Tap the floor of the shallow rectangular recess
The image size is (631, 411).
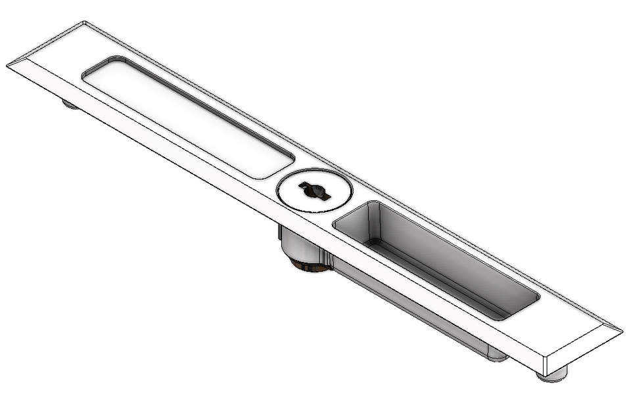coord(187,118)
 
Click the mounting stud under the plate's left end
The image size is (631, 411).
coord(70,103)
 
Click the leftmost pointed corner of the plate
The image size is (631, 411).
coord(8,65)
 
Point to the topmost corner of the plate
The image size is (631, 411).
coord(84,22)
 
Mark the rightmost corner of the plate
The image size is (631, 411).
coord(622,330)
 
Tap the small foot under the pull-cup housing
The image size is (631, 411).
coord(498,357)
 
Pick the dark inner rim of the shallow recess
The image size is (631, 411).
coord(197,98)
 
